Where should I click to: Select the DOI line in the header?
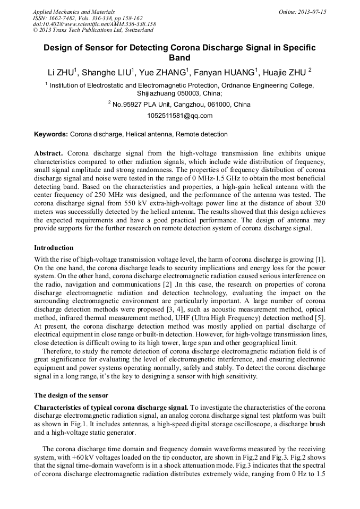click(x=94, y=24)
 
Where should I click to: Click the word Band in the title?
click(x=179, y=58)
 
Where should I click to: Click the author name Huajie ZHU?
click(x=287, y=72)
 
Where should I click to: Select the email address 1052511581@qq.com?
click(x=179, y=115)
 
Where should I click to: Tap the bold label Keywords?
click(x=51, y=134)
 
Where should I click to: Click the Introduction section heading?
click(x=54, y=248)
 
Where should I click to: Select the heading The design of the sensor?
click(x=71, y=395)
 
